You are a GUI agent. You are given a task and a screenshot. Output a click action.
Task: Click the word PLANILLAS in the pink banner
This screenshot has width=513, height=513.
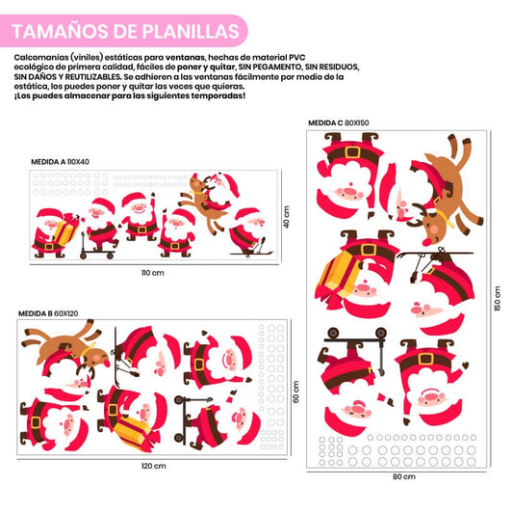191,31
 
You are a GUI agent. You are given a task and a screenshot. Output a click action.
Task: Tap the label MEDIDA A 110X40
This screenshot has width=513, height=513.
60,162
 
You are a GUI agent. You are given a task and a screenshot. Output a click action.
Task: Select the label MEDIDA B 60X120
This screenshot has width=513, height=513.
48,313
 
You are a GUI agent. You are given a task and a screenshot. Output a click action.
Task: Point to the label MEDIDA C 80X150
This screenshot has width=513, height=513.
339,122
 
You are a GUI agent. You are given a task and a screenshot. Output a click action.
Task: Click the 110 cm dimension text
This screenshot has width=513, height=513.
153,273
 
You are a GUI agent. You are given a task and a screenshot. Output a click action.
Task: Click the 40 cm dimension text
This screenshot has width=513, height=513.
286,217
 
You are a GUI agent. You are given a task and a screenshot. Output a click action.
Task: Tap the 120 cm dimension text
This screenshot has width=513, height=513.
154,466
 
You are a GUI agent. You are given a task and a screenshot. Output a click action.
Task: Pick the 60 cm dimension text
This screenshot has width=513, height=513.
295,391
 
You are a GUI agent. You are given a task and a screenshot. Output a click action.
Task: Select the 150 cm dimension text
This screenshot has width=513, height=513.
498,298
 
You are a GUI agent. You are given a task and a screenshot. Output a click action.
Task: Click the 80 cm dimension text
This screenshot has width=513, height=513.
404,476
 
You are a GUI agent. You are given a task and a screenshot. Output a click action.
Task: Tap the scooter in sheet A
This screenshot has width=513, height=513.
96,247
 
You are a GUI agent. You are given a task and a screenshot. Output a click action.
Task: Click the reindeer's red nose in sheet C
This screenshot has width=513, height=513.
425,242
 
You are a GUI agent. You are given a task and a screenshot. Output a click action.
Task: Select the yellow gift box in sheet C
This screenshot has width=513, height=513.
337,275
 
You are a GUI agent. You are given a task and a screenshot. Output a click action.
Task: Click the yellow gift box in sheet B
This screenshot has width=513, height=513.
132,429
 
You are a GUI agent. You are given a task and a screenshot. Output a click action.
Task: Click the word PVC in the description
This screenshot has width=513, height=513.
296,57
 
